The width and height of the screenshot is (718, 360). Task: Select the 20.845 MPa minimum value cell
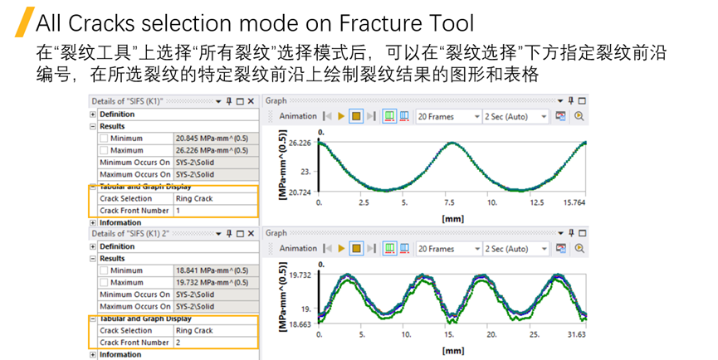(212, 139)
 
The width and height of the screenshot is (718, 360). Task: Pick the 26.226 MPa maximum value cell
(212, 151)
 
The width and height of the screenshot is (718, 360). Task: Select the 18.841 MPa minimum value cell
(212, 270)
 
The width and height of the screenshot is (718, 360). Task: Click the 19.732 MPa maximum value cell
(212, 283)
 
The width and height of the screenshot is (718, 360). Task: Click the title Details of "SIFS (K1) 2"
(129, 234)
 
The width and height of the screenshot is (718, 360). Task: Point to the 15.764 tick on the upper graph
(574, 202)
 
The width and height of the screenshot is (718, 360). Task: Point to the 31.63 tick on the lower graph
(575, 335)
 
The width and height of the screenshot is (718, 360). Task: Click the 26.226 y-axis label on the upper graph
(300, 143)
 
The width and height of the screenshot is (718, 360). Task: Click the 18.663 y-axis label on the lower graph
(300, 324)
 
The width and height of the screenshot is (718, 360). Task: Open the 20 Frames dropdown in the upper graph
(448, 117)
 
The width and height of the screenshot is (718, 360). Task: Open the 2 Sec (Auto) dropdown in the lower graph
(515, 249)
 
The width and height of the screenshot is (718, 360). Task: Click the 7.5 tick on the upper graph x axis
(449, 202)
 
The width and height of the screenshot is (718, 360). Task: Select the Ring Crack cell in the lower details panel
(194, 330)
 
